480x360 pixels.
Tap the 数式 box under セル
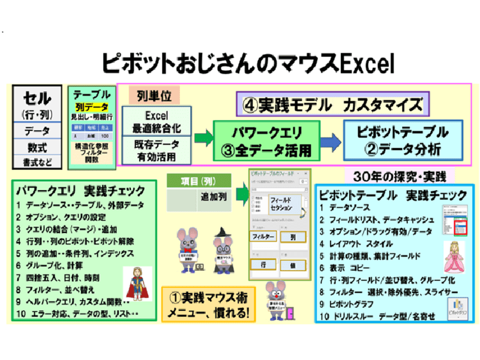(x=37, y=146)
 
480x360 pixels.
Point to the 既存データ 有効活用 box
(x=156, y=151)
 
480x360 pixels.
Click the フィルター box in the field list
(x=263, y=236)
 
